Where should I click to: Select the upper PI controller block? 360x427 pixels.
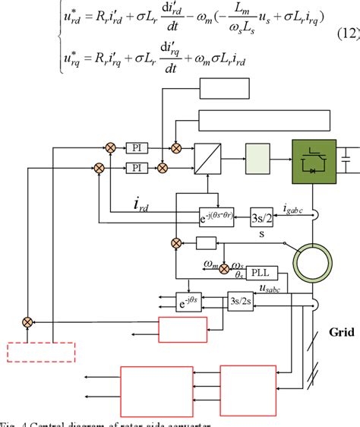point(137,147)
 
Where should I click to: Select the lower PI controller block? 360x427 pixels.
point(137,166)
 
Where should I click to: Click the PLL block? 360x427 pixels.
point(260,272)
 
